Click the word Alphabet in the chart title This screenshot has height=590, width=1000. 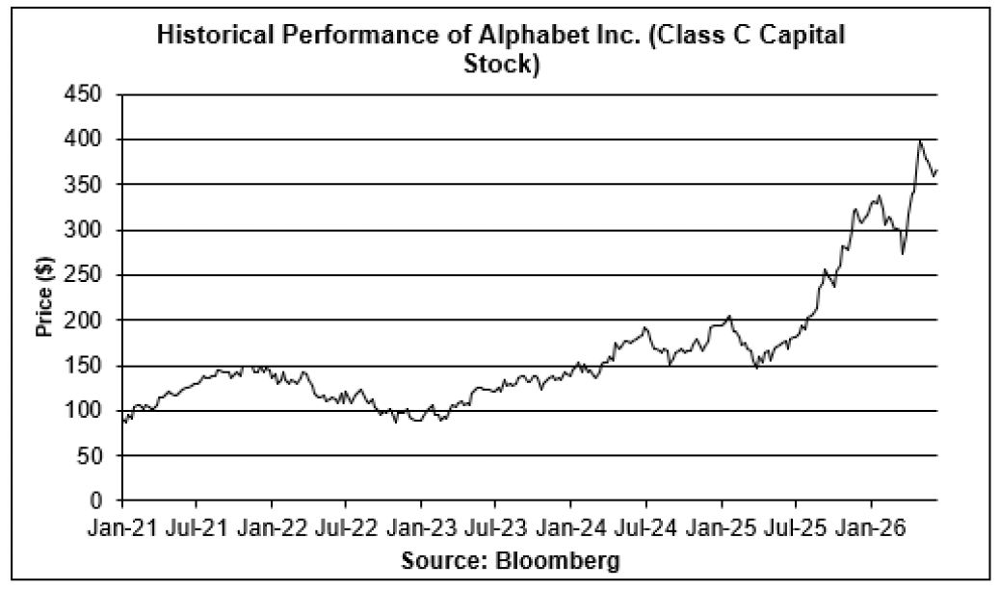[x=527, y=35]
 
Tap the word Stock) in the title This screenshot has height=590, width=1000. [x=501, y=64]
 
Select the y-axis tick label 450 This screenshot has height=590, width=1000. [x=83, y=94]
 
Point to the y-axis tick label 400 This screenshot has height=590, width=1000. [x=83, y=140]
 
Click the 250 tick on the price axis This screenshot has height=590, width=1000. [x=83, y=275]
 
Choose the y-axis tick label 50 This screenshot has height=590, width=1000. [x=90, y=455]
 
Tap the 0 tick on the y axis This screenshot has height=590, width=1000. [x=95, y=500]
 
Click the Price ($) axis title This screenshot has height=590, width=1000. [x=44, y=296]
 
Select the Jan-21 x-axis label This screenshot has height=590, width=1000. [x=121, y=529]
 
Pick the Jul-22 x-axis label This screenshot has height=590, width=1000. [x=344, y=529]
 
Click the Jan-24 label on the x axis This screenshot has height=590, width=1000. [x=570, y=529]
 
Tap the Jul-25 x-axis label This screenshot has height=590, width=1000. [x=795, y=529]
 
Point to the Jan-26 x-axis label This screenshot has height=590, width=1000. [x=872, y=529]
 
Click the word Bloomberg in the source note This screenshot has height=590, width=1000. [x=558, y=561]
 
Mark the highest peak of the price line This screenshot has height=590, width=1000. [x=920, y=141]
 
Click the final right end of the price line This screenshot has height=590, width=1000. [x=936, y=170]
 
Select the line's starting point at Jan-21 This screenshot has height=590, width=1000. [x=122, y=421]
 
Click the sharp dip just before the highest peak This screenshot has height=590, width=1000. [x=903, y=253]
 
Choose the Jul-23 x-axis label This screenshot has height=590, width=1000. [x=494, y=529]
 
